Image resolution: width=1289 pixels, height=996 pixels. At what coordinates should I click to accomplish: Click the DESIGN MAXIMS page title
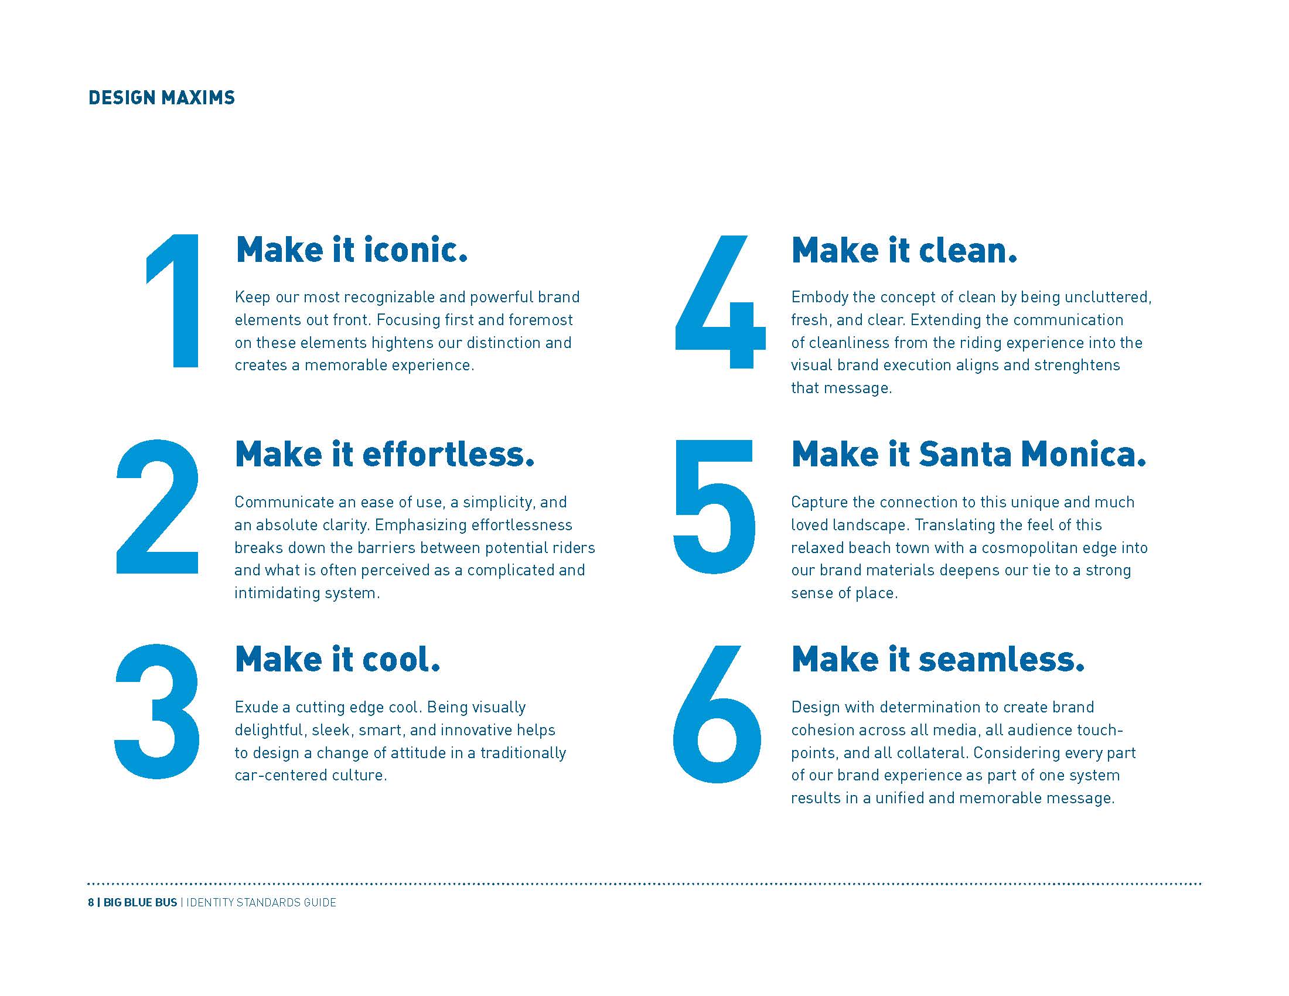coord(161,97)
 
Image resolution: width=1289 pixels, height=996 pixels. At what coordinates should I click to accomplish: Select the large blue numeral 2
coord(158,506)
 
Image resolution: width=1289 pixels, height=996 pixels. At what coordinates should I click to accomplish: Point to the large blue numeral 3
coord(157,712)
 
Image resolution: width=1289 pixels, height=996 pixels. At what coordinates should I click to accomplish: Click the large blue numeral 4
coord(720,302)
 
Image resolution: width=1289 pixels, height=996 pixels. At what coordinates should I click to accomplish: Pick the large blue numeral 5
coord(714,507)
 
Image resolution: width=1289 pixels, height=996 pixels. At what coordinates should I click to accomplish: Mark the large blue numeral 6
coord(717,715)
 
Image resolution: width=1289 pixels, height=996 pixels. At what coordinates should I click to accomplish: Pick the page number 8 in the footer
coord(91,902)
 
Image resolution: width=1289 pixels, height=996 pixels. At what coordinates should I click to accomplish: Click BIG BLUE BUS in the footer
coord(141,902)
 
